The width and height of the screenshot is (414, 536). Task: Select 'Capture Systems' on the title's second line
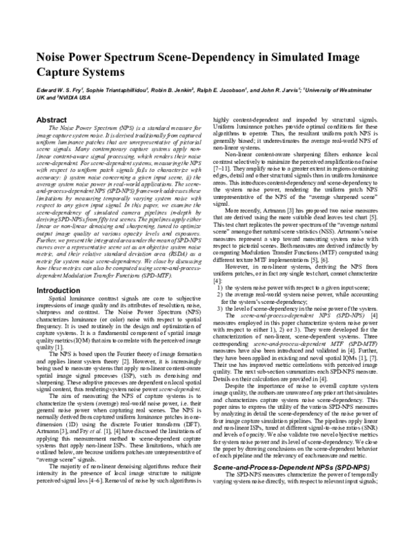pos(81,70)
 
